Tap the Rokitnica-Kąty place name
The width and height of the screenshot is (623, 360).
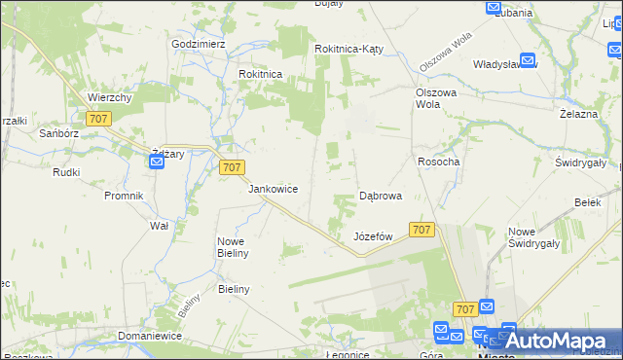click(x=352, y=49)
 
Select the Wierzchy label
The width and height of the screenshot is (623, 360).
click(x=109, y=97)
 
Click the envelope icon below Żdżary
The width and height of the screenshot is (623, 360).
click(x=157, y=163)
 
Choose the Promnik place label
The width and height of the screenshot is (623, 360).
click(x=124, y=196)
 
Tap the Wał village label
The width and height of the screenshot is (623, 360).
click(x=160, y=225)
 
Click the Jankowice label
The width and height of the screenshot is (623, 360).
click(x=273, y=189)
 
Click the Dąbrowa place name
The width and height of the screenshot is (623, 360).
click(x=381, y=196)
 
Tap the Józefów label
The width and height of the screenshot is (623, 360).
click(x=373, y=236)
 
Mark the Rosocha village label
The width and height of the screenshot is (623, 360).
click(x=438, y=162)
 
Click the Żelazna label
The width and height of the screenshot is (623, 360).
click(x=577, y=114)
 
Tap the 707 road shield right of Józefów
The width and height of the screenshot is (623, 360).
click(x=421, y=229)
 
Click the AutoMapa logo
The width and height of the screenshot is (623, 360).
click(x=558, y=341)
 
